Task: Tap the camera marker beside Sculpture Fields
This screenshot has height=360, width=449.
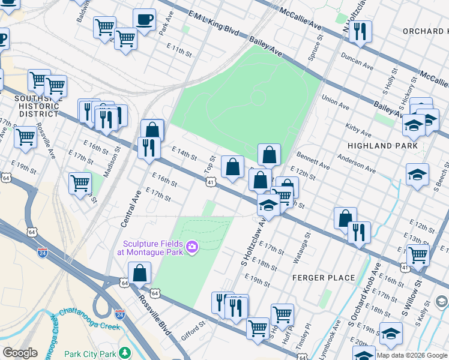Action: click(x=192, y=247)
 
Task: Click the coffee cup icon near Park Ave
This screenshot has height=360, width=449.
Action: click(x=144, y=19)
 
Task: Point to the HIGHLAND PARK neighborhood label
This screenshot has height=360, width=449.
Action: click(x=382, y=146)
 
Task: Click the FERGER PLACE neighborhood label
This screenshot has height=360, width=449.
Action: click(x=324, y=278)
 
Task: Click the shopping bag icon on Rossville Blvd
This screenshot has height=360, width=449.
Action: click(x=139, y=274)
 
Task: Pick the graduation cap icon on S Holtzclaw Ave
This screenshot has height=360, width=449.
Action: click(x=268, y=205)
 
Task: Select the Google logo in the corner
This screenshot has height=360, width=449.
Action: click(x=20, y=353)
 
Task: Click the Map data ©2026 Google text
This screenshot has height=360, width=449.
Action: click(x=411, y=355)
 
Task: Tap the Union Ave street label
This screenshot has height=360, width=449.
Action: click(x=336, y=102)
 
